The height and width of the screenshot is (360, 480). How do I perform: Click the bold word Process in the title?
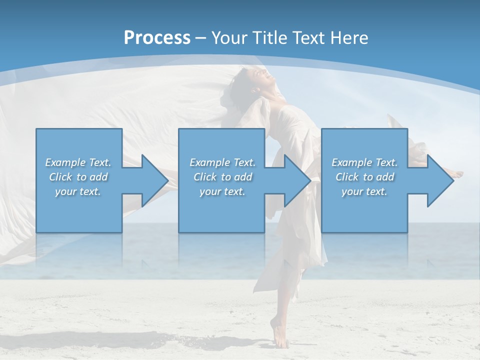coord(157,37)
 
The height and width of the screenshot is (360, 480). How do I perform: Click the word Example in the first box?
coord(65,162)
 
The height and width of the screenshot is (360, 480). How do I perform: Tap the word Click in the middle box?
coord(204,177)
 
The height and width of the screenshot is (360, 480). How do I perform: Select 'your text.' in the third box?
coord(364,191)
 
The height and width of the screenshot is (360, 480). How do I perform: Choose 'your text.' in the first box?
coord(78,191)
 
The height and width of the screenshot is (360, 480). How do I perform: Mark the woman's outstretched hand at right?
coord(457,174)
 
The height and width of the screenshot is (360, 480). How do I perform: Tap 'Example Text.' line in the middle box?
coord(222,162)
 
